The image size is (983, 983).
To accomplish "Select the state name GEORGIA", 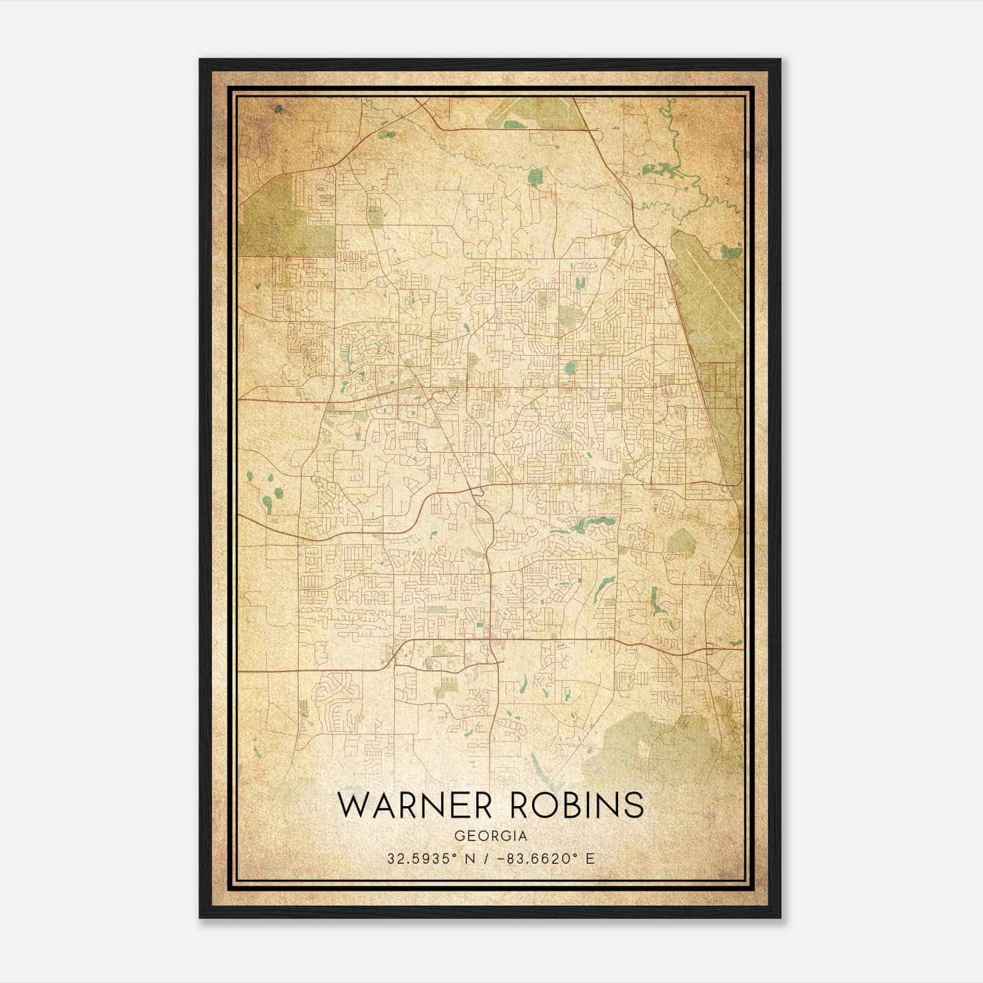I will tap(491, 836).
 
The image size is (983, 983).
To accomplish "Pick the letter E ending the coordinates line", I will tap(590, 858).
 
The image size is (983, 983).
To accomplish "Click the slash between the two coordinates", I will tap(485, 858).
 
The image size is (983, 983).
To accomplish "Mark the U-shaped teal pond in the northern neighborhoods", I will tap(579, 282).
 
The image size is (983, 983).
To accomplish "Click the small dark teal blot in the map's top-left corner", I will tap(280, 109).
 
